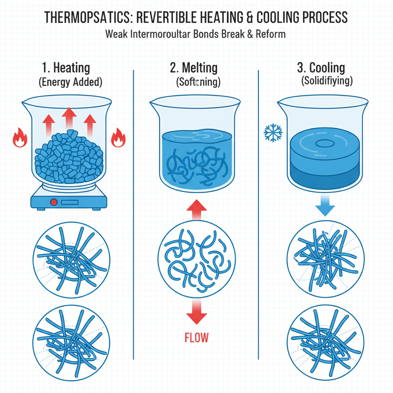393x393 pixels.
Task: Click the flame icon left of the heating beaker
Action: pos(18,139)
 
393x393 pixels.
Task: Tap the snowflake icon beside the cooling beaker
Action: pos(273,133)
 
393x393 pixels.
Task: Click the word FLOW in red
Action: pos(196,338)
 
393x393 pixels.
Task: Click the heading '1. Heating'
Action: pos(66,68)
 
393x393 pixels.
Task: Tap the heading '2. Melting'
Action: pos(193,68)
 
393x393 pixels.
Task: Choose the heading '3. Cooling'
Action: pos(321,68)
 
